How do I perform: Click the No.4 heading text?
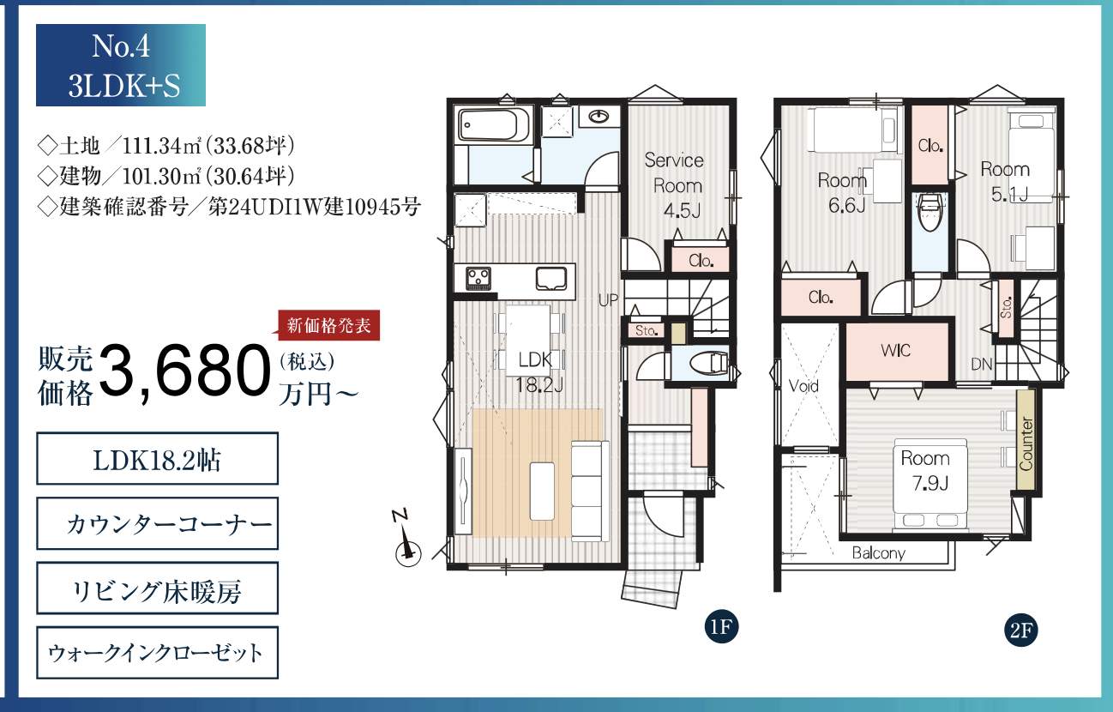click(121, 46)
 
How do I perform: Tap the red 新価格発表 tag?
click(328, 326)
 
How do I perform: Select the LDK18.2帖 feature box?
click(157, 458)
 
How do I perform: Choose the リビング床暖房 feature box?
click(157, 588)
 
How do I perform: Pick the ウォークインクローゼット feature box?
click(157, 653)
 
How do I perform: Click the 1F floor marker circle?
click(721, 626)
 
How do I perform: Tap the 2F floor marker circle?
click(1021, 631)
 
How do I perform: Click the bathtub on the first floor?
click(494, 125)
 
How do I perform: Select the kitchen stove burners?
click(478, 279)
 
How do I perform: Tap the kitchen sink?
click(551, 279)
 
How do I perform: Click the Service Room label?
click(674, 172)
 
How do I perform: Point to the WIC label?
click(896, 351)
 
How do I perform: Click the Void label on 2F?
click(803, 385)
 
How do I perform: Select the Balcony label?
click(878, 553)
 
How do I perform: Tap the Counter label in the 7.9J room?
click(1026, 443)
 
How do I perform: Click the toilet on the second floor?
click(930, 212)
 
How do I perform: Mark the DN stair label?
click(981, 364)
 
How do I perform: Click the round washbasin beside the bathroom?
click(599, 117)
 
